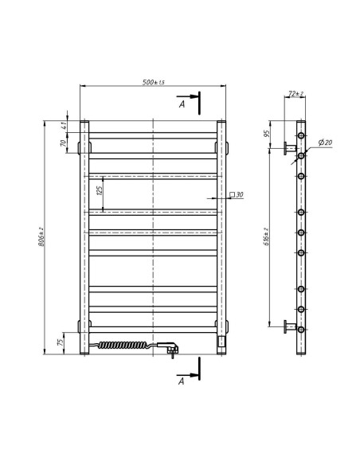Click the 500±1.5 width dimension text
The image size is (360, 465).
coord(153,84)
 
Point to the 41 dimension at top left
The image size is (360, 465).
coord(65,126)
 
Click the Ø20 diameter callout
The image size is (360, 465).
coord(325,142)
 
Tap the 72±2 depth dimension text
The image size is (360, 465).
coord(294,94)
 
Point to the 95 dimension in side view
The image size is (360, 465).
coord(266,134)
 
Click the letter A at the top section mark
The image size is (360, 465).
coord(182,104)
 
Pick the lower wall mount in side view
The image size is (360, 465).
coord(289,326)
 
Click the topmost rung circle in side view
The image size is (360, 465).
coord(302,136)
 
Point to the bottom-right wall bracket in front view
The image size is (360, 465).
coord(226,325)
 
